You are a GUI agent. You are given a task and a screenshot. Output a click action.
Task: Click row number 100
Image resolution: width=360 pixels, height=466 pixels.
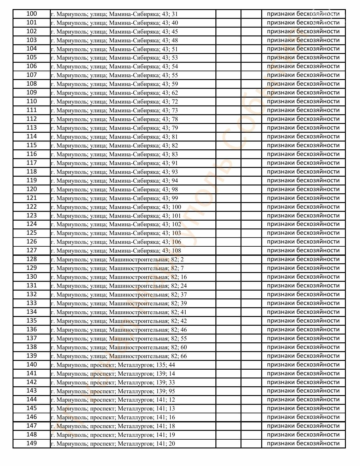coord(31,14)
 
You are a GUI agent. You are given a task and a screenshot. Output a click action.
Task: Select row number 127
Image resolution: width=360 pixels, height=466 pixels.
coord(31,250)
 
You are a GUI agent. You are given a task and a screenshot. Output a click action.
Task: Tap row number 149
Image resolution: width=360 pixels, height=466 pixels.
coord(31,443)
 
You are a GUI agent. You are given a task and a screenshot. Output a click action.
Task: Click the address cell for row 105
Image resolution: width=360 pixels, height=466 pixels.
coord(114,58)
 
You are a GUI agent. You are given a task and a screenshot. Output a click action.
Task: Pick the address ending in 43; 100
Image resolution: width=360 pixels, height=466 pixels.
coord(116,207)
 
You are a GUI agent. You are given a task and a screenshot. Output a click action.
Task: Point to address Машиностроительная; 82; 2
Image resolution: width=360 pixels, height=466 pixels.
coord(117,259)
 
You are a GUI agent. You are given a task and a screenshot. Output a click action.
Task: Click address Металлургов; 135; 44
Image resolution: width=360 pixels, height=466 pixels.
coord(113,365)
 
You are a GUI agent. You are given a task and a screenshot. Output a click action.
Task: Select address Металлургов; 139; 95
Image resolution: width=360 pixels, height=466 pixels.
coord(113,391)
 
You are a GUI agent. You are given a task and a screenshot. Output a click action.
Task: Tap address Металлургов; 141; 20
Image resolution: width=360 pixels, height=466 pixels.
coord(113,444)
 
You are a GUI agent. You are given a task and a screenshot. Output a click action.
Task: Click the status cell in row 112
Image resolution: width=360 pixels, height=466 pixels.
coord(303,119)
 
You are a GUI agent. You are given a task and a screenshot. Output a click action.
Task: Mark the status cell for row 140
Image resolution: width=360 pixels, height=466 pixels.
coord(303,365)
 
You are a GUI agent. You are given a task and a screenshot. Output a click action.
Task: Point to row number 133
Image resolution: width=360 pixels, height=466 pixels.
coord(31,303)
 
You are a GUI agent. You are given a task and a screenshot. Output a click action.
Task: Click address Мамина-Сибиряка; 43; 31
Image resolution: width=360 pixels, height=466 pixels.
coord(114,14)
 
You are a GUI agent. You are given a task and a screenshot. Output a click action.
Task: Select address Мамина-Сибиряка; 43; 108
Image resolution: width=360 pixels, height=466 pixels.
coord(116,250)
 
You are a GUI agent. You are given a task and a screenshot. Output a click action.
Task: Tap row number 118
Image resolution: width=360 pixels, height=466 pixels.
coord(31,172)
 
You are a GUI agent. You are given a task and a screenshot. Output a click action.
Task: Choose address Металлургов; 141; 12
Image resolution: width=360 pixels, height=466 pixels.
coord(113,400)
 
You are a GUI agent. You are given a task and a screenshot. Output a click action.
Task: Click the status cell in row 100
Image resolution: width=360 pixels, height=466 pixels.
coord(303,14)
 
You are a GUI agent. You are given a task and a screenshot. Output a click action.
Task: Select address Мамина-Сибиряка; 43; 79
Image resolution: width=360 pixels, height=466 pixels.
coord(114,128)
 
